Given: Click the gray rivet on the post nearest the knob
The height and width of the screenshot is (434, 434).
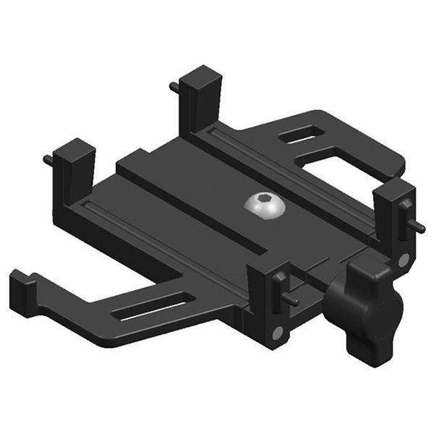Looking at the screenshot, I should coord(276,332).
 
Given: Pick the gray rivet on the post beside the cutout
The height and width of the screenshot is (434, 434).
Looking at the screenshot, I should coord(402,258).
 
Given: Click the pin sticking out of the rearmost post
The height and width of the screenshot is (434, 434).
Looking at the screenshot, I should coord(175,88).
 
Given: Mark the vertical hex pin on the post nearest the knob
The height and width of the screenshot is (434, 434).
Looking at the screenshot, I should coord(280,278).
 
